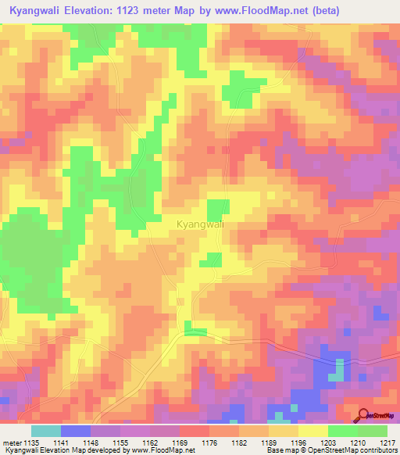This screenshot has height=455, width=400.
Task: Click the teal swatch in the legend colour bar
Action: tap(46, 431)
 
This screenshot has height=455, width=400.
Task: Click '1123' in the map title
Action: tap(137, 13)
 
